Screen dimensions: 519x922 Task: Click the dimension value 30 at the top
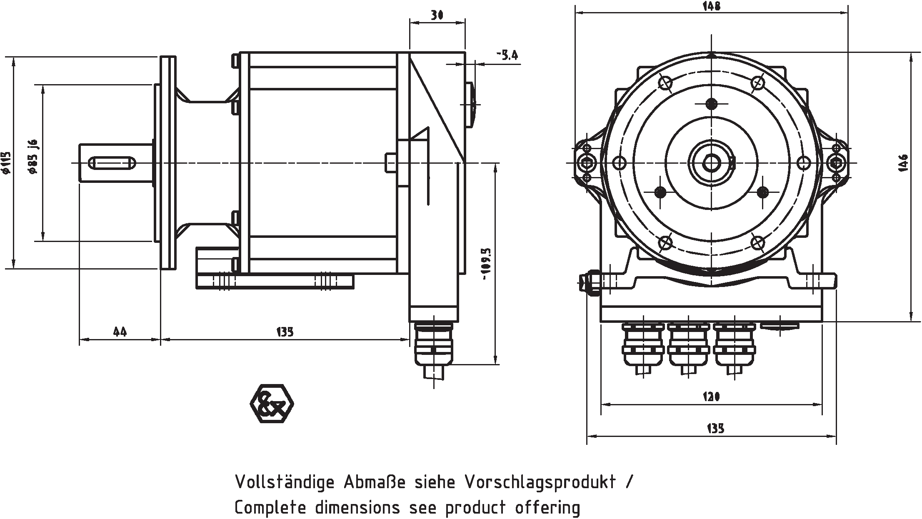(437, 15)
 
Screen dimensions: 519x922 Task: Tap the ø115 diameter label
(5, 163)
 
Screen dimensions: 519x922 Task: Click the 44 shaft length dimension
(120, 332)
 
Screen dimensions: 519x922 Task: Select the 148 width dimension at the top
(711, 6)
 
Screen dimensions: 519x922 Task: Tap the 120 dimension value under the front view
(711, 397)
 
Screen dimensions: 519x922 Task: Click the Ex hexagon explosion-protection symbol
(272, 403)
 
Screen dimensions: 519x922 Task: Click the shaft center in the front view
(712, 163)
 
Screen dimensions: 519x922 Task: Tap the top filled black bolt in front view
(712, 103)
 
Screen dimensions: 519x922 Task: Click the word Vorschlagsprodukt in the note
(540, 482)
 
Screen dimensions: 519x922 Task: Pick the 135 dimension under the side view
(285, 332)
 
